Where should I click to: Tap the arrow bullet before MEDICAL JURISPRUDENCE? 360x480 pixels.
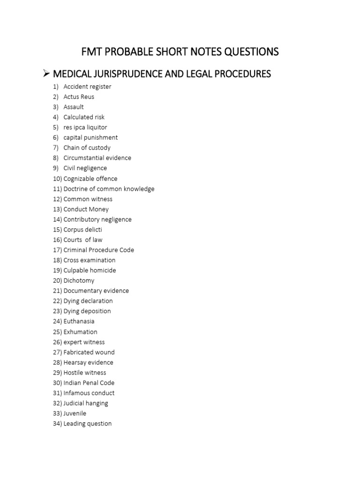(x=46, y=74)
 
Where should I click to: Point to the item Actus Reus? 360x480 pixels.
(x=79, y=97)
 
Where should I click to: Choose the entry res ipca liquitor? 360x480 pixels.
(x=85, y=127)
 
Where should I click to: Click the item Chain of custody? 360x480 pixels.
(x=87, y=148)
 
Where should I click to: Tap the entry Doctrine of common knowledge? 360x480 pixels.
(x=109, y=189)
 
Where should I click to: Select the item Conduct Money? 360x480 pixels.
(x=86, y=210)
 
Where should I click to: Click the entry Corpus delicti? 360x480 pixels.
(x=82, y=230)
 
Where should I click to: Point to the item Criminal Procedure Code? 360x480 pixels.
(x=98, y=250)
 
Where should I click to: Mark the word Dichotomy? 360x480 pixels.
(x=79, y=281)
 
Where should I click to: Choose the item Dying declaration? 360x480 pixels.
(x=88, y=301)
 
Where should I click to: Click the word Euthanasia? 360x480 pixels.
(x=79, y=322)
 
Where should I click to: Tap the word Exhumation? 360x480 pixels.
(x=80, y=332)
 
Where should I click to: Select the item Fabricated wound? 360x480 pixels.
(x=89, y=352)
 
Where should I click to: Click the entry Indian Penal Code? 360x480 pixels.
(x=89, y=383)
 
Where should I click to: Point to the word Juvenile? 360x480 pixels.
(x=75, y=413)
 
